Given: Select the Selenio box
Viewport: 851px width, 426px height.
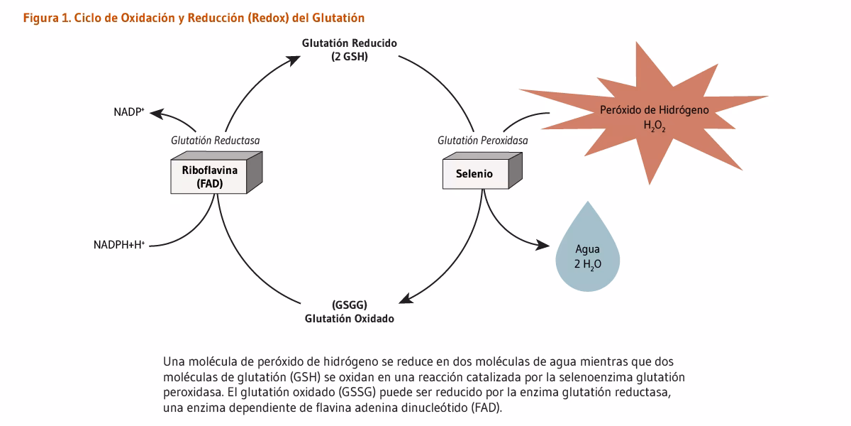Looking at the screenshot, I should point(474,174).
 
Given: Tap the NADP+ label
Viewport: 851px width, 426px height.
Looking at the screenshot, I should point(129,112).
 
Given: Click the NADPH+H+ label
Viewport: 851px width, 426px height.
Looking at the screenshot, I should point(119,245).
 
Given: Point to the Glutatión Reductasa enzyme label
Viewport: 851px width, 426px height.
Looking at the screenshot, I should point(215,141).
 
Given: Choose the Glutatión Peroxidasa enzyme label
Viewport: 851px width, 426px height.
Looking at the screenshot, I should point(482,141).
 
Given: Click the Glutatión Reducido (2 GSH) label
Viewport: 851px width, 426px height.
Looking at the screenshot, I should point(349,50).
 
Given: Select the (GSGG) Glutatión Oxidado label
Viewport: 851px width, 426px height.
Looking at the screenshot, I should point(349,312).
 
